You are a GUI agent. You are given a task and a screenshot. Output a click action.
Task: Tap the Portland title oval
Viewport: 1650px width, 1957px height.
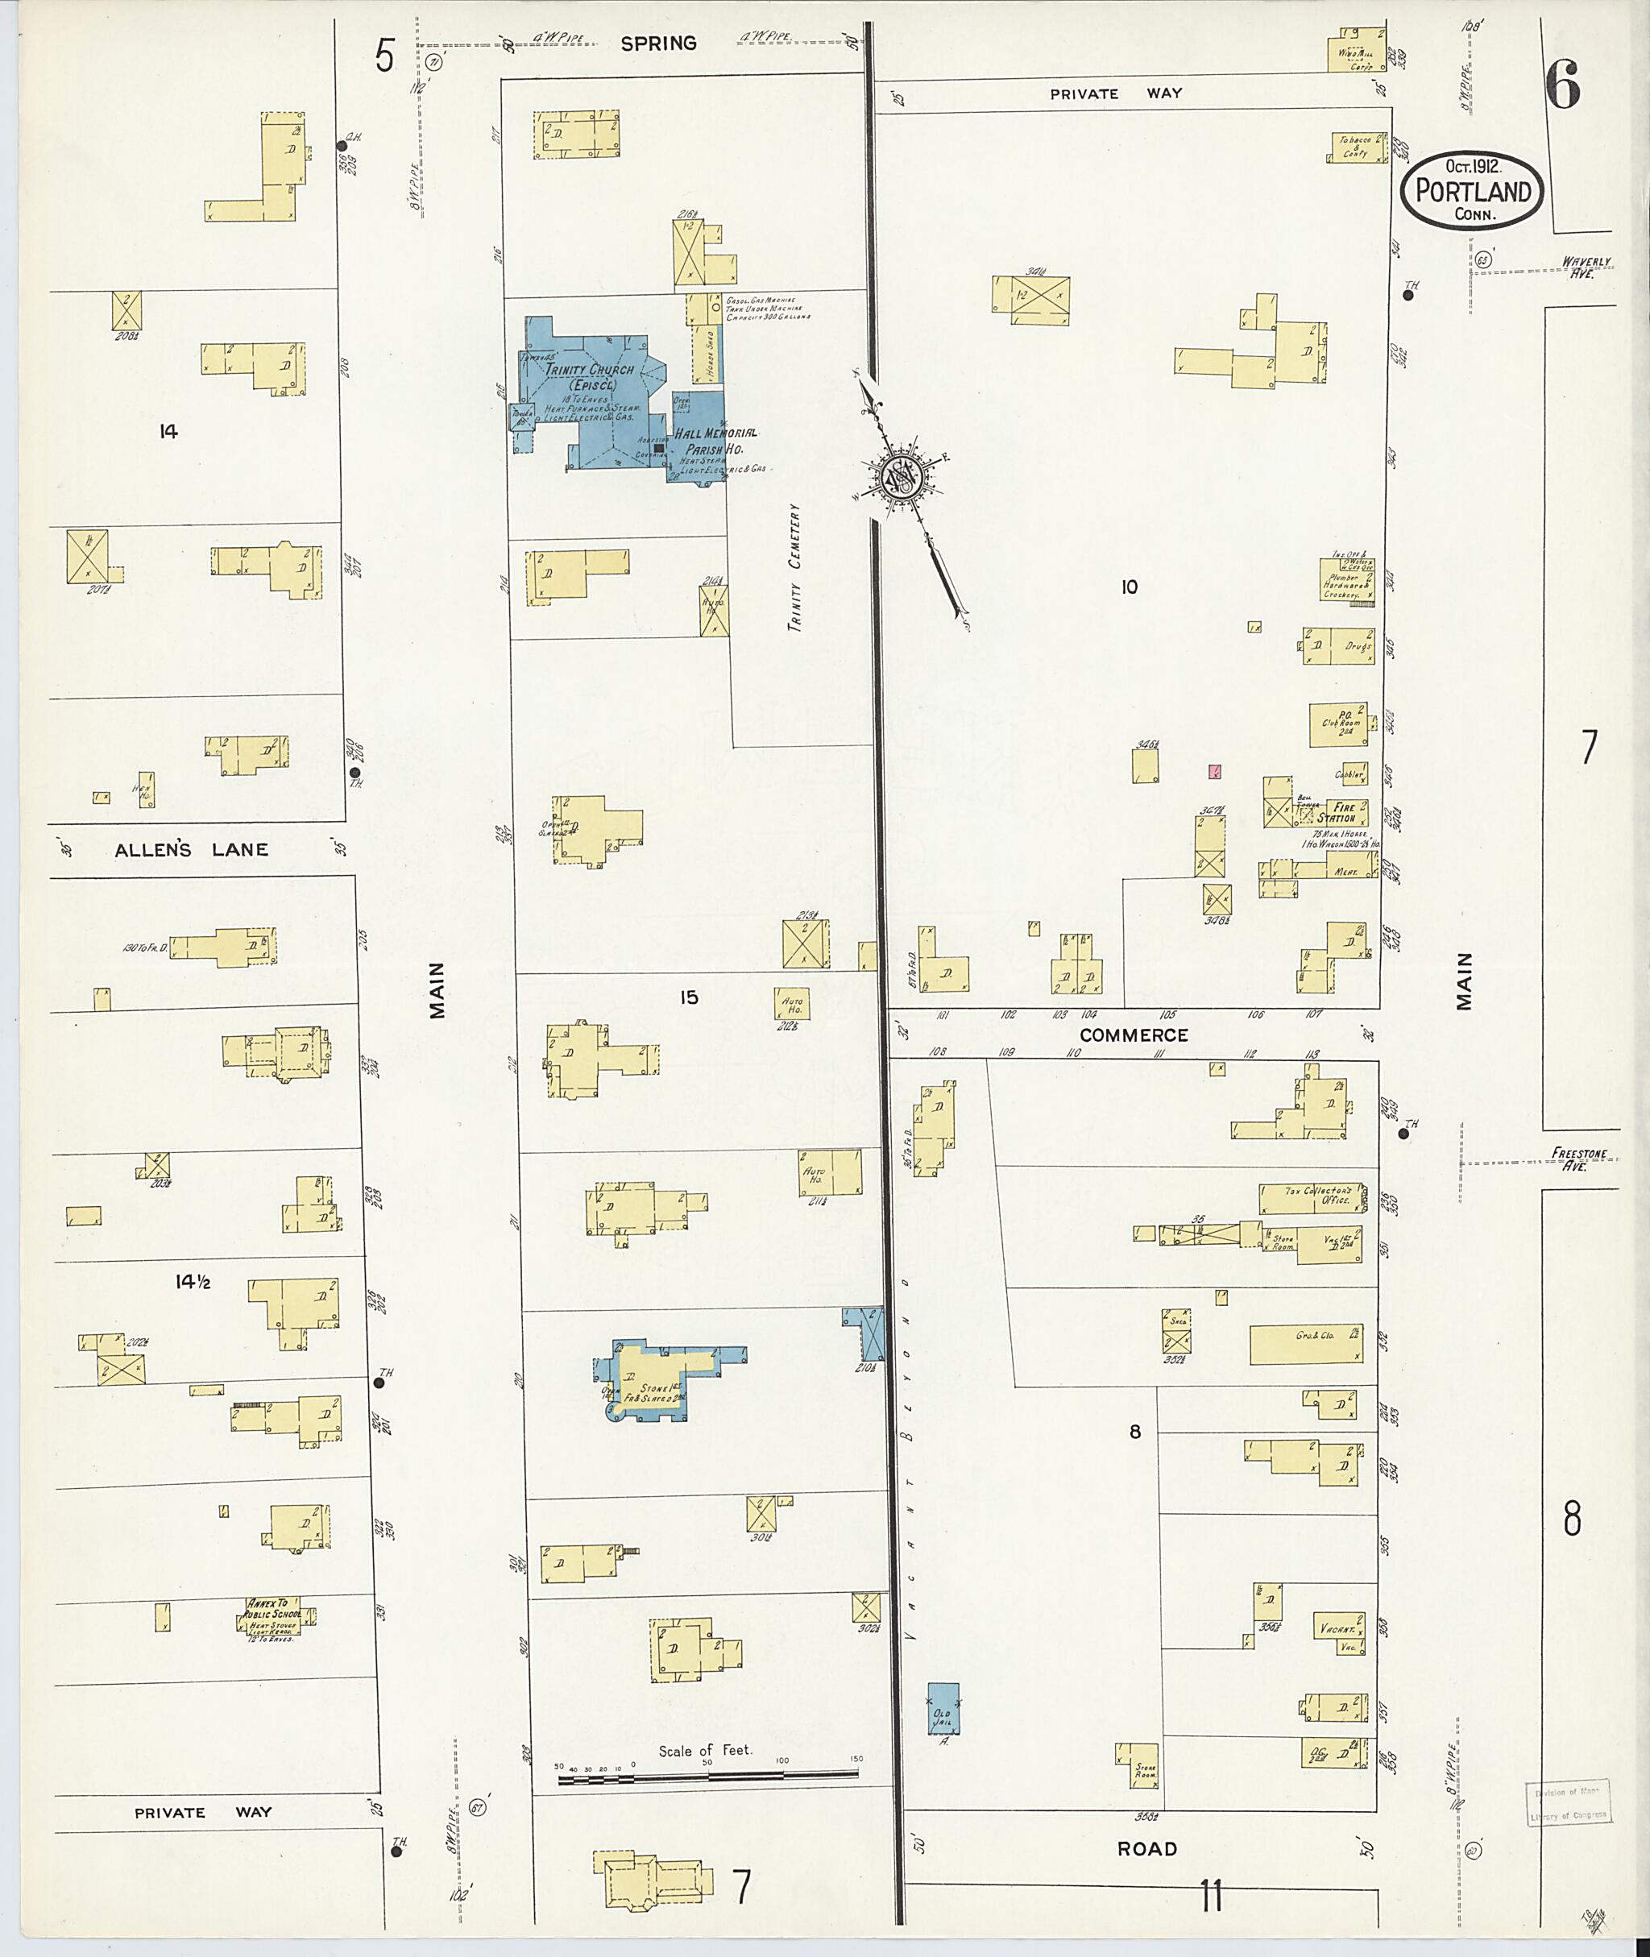pyautogui.click(x=1471, y=191)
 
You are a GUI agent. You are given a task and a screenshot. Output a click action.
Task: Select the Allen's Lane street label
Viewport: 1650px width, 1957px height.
pyautogui.click(x=191, y=849)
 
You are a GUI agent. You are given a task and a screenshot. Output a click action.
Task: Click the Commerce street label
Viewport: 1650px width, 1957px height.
pyautogui.click(x=1134, y=1034)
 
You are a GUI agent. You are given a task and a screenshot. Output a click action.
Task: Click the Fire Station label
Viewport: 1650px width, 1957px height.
pyautogui.click(x=1343, y=812)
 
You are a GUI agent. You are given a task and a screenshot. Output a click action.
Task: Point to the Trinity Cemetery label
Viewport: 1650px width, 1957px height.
pyautogui.click(x=795, y=569)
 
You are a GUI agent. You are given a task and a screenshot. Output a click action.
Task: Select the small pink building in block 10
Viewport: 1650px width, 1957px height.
pyautogui.click(x=1215, y=772)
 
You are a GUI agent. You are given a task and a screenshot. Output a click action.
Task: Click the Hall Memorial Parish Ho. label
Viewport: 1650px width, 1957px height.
pyautogui.click(x=715, y=441)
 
